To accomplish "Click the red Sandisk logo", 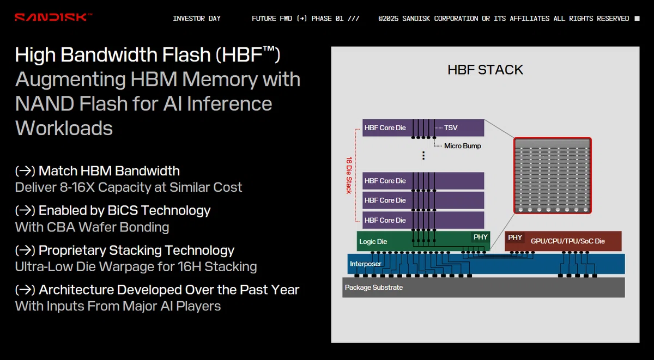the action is click(53, 17).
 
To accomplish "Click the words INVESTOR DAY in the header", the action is click(197, 19).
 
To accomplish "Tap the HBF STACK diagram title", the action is click(485, 70).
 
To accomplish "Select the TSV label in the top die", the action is click(451, 128).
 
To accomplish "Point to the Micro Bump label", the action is click(463, 146).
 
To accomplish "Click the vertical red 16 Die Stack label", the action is click(349, 175).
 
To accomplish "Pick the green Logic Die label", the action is click(373, 242).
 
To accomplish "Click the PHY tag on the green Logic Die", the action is click(480, 237).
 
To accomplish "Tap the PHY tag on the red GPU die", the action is click(514, 237).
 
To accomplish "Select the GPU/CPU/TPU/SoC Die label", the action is click(567, 241).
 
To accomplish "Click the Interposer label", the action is click(366, 264).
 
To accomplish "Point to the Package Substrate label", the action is click(374, 288).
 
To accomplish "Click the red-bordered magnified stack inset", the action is click(553, 175).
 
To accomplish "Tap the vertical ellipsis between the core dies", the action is click(423, 155).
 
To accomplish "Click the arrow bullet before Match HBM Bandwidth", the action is click(25, 171).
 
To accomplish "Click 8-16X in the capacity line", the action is click(77, 187).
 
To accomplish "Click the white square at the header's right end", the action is click(637, 19).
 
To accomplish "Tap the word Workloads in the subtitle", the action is click(64, 128).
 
